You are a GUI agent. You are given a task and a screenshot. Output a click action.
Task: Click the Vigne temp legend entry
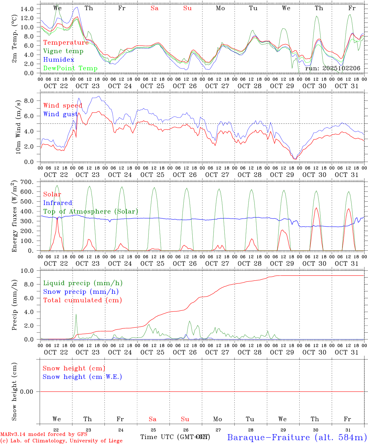(x=63, y=51)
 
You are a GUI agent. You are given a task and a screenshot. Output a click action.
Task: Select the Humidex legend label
(x=59, y=60)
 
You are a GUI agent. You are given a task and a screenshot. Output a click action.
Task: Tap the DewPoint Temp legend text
(x=70, y=68)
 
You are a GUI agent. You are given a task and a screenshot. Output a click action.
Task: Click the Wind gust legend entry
(x=60, y=114)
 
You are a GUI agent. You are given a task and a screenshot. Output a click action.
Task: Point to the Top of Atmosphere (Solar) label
(x=91, y=212)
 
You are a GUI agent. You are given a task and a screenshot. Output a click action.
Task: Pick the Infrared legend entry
(x=58, y=203)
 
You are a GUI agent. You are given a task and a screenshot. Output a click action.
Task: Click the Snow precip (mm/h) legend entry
(x=81, y=292)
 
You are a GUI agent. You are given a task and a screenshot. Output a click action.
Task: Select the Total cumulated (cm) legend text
(x=82, y=300)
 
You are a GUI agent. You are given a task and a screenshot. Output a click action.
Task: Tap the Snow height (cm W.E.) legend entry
(x=82, y=377)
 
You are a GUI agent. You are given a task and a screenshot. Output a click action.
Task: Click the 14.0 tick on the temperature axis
(x=27, y=9)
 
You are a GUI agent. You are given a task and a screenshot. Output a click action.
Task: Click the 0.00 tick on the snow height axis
(x=29, y=392)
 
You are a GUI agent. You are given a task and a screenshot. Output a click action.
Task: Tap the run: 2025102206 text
(x=333, y=68)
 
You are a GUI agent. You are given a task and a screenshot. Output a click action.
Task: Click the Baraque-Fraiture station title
(x=297, y=437)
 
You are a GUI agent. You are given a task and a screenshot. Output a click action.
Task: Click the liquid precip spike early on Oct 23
(x=76, y=315)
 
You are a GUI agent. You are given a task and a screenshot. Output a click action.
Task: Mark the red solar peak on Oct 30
(x=316, y=208)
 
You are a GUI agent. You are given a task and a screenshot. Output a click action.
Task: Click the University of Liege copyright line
(x=61, y=441)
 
